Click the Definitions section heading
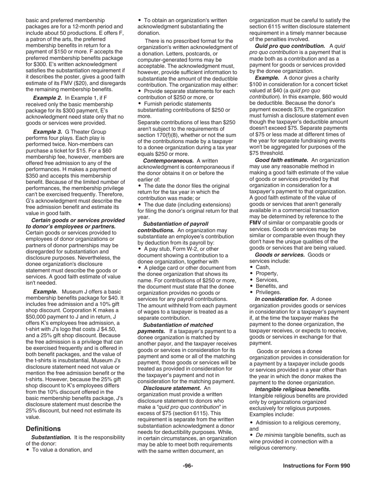pos(43,429)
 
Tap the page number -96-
pos(188,466)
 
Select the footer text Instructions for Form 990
pos(316,466)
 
